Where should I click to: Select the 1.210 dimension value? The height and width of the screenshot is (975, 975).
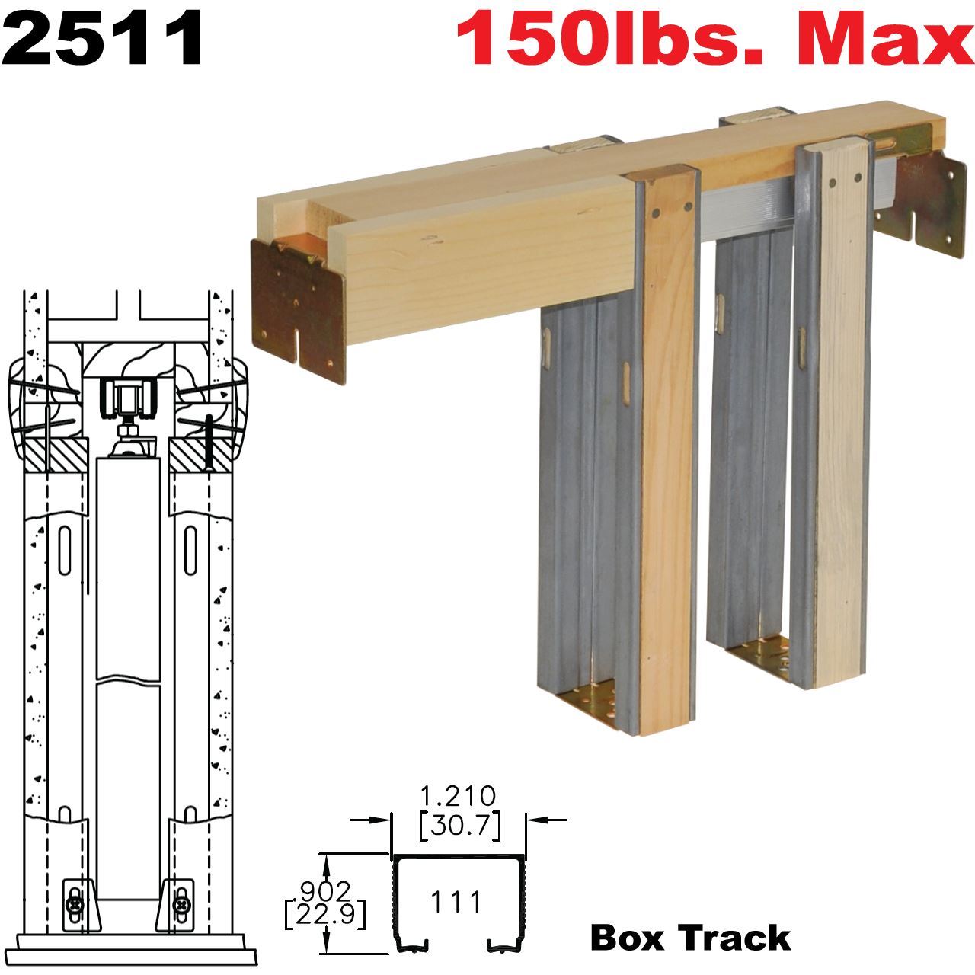click(x=459, y=797)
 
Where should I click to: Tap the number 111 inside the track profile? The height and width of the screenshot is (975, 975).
click(x=456, y=903)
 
